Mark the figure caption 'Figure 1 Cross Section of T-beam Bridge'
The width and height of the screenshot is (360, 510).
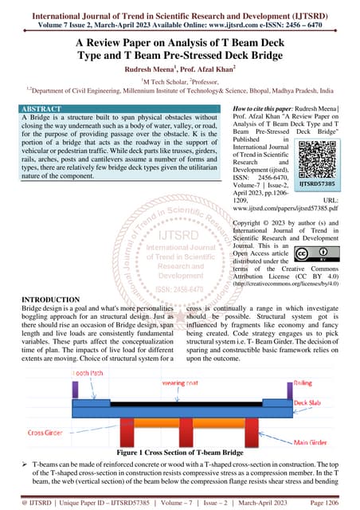[180, 450]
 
